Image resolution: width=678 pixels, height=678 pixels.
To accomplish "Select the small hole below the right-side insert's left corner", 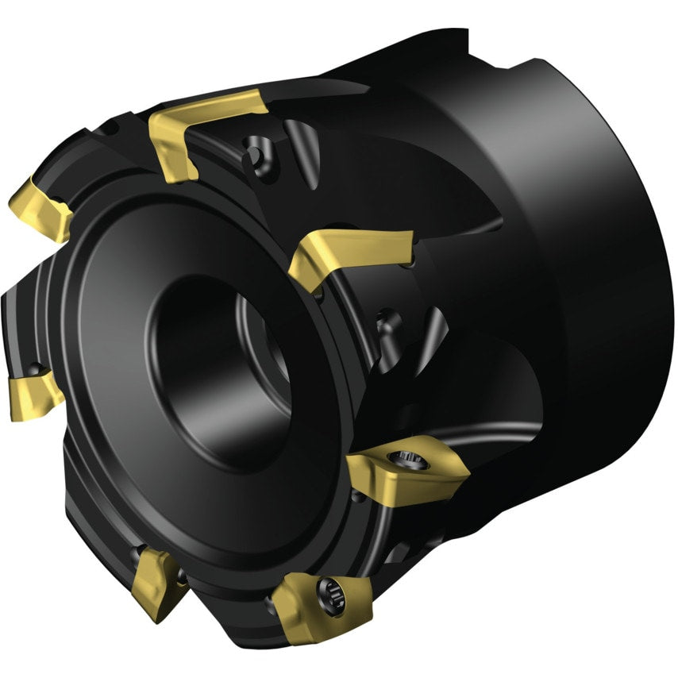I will pyautogui.click(x=357, y=496).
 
